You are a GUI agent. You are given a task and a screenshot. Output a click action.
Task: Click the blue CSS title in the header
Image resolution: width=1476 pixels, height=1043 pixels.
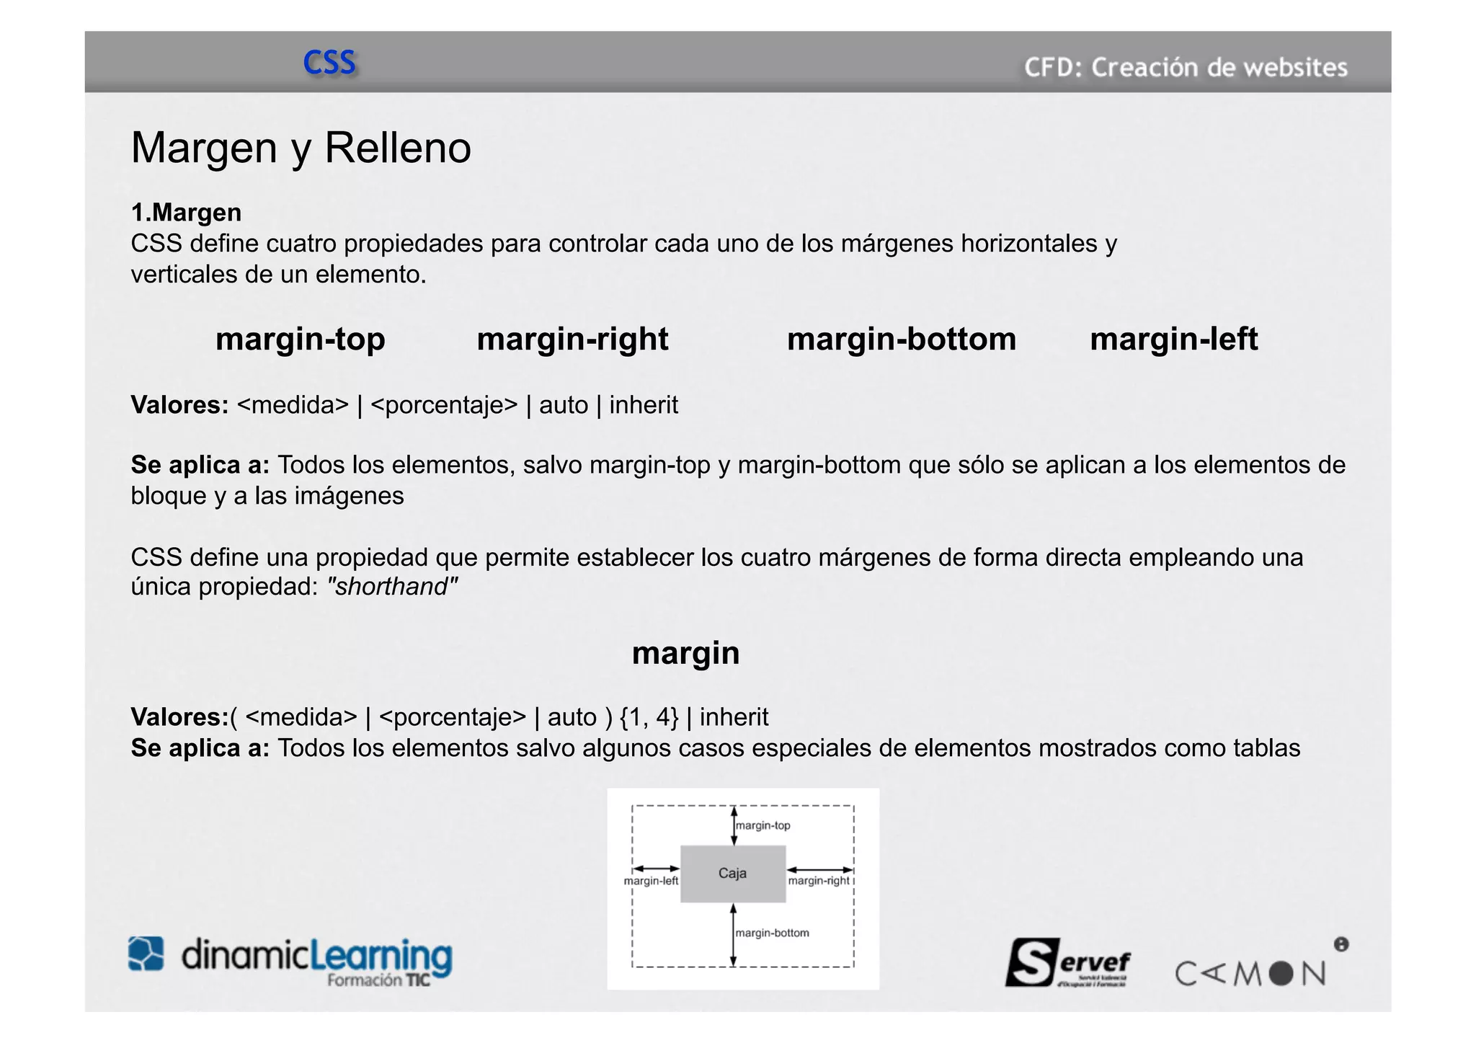coord(329,63)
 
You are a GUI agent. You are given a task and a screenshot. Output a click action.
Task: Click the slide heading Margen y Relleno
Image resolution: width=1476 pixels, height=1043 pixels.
coord(301,148)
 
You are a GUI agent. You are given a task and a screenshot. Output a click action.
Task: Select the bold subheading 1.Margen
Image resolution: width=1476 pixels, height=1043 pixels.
coord(186,213)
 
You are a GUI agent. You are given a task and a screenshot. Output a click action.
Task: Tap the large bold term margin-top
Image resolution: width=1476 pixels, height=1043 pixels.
coord(300,339)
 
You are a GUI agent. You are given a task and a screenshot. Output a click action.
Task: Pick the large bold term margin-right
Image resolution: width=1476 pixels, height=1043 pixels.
coord(572,339)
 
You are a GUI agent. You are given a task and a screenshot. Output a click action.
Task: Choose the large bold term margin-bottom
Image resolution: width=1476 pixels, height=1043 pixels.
coord(901,339)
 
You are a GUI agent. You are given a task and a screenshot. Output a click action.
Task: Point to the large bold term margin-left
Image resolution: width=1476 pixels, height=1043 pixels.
coord(1173,339)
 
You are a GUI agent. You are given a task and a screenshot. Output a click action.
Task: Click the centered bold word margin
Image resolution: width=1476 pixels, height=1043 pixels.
coord(685,653)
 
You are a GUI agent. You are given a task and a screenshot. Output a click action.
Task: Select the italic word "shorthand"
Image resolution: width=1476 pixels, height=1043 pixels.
coord(392,587)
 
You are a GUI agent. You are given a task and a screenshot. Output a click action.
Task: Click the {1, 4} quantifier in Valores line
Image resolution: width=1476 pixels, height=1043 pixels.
coord(649,717)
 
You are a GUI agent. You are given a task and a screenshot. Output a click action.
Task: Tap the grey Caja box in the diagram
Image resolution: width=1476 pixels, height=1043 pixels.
coord(733,874)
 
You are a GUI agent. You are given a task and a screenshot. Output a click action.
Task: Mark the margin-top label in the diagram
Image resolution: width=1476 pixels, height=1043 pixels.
coord(763,825)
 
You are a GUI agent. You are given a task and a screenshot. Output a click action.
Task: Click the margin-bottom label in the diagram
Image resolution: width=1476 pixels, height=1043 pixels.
coord(772,933)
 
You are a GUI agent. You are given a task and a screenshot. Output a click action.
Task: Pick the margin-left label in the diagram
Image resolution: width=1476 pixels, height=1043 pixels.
coord(651,881)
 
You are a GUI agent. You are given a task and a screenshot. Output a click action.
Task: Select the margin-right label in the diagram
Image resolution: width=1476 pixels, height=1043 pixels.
coord(819,881)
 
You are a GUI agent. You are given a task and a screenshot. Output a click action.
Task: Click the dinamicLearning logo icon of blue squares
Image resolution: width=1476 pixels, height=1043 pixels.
coord(146,954)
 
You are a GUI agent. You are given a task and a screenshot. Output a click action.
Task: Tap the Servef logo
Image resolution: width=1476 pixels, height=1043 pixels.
coord(1068,962)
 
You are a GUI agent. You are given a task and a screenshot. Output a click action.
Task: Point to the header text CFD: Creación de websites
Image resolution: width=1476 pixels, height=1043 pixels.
coord(1186,68)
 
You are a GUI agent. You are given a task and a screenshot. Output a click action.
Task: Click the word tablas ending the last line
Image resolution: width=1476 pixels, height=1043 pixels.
coord(1266,748)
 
